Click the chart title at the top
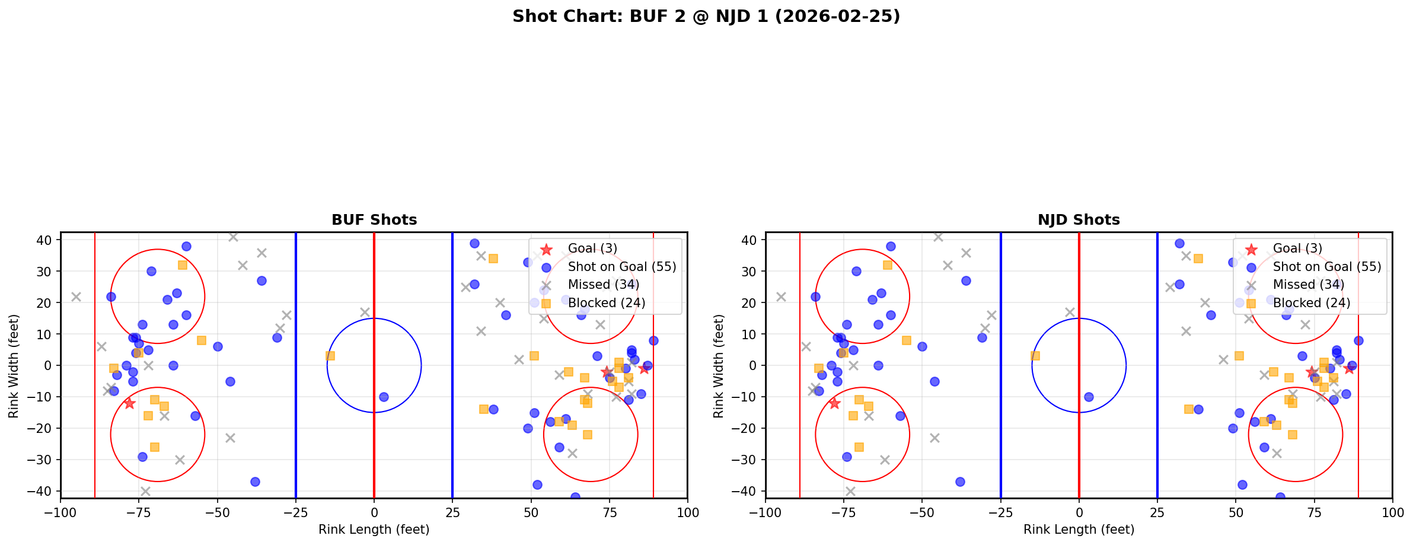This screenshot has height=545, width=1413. pyautogui.click(x=706, y=17)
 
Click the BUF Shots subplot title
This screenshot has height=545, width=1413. pyautogui.click(x=374, y=220)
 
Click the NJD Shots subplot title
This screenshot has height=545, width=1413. pyautogui.click(x=1079, y=220)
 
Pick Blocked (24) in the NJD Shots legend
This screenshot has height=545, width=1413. pyautogui.click(x=1311, y=303)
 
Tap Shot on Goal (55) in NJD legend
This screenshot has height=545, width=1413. pyautogui.click(x=1326, y=267)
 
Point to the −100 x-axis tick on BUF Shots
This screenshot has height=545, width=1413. pyautogui.click(x=60, y=512)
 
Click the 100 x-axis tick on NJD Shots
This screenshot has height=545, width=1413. pyautogui.click(x=1392, y=512)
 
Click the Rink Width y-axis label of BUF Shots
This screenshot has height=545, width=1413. pyautogui.click(x=14, y=365)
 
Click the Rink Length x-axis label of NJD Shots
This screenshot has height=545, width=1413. pyautogui.click(x=1079, y=530)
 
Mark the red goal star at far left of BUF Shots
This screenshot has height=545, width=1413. pyautogui.click(x=129, y=403)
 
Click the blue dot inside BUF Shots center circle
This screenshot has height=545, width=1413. pyautogui.click(x=384, y=397)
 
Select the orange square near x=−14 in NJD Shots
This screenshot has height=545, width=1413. pyautogui.click(x=1035, y=356)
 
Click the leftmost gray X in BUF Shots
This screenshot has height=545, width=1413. pyautogui.click(x=76, y=297)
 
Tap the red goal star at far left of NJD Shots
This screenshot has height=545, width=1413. pyautogui.click(x=834, y=403)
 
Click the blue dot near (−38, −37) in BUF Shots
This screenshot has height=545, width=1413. pyautogui.click(x=255, y=482)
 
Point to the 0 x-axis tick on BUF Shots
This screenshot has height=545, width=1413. pyautogui.click(x=374, y=512)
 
